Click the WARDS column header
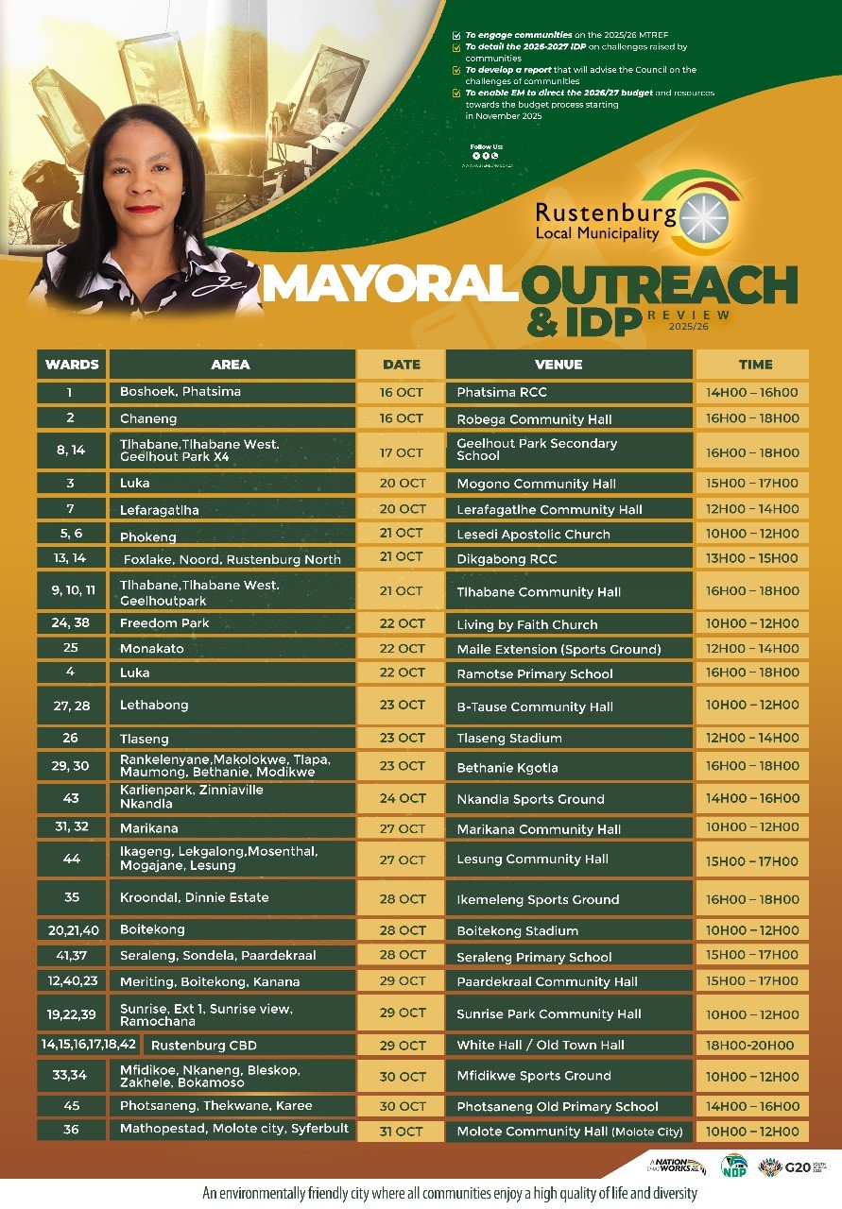point(72,365)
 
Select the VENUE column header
point(558,365)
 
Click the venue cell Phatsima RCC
point(502,392)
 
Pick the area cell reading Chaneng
point(146,418)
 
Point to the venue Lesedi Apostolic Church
point(533,535)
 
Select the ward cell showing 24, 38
point(72,623)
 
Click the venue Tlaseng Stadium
point(509,738)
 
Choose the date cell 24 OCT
point(402,798)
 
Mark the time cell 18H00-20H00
point(752,1046)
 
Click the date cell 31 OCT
point(402,1131)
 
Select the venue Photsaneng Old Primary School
point(558,1106)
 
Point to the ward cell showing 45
point(72,1106)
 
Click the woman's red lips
point(143,209)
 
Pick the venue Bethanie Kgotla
point(507,766)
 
